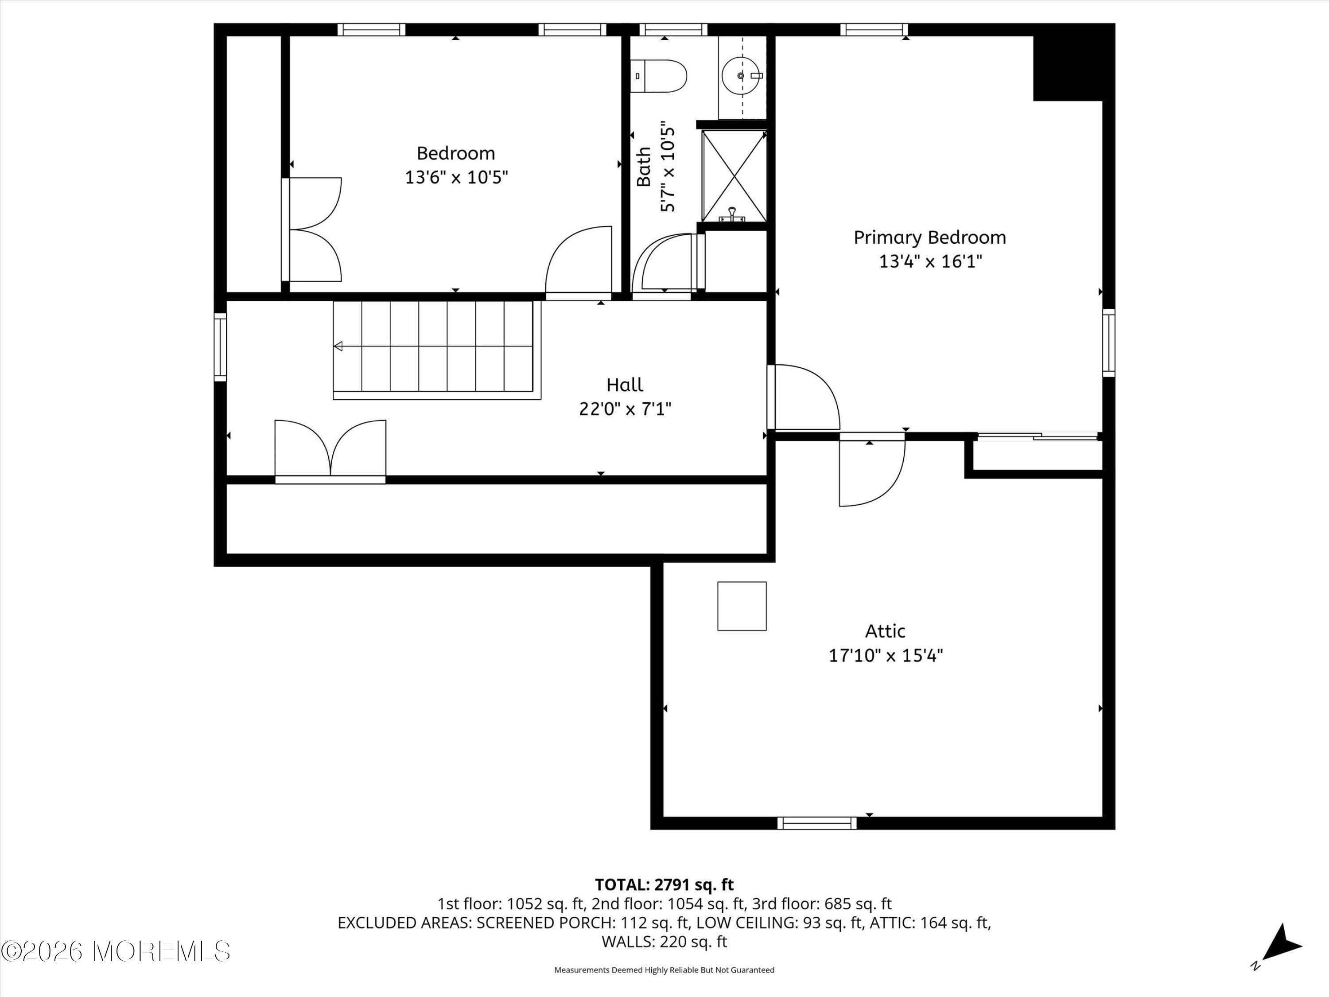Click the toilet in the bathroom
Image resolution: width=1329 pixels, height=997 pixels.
(660, 76)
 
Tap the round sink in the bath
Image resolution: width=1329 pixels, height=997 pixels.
(740, 76)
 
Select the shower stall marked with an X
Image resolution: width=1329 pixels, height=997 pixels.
(734, 176)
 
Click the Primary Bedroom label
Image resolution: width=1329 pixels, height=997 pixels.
(929, 238)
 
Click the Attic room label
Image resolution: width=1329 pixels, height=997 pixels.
(885, 631)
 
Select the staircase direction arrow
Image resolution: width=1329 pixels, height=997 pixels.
(339, 346)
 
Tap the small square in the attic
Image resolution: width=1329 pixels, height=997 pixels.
(742, 606)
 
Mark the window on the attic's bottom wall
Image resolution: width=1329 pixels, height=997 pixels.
(817, 823)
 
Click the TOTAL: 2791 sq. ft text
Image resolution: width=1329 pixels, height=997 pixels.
(664, 884)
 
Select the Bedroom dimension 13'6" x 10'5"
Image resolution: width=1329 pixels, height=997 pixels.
(456, 178)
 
